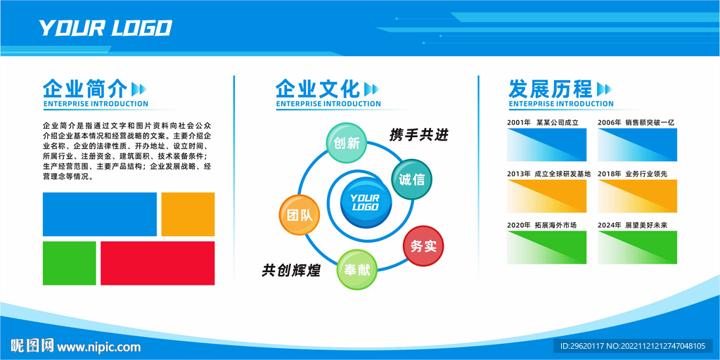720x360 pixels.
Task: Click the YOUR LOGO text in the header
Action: click(x=105, y=28)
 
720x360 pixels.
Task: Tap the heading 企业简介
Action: click(x=85, y=88)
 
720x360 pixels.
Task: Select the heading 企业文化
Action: click(x=318, y=88)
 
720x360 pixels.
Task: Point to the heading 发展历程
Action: click(x=550, y=88)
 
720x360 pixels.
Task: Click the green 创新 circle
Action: click(x=347, y=143)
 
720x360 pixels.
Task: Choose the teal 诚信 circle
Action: click(x=411, y=179)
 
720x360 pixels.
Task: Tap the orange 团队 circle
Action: click(x=300, y=215)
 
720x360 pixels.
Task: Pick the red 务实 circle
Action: click(x=423, y=246)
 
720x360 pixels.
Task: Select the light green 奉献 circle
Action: click(x=357, y=269)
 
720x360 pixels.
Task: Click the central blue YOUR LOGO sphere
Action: click(x=366, y=202)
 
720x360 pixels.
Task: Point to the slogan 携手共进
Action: click(x=418, y=135)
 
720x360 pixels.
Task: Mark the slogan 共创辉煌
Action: click(x=291, y=270)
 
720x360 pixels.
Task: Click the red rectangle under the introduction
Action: click(x=157, y=263)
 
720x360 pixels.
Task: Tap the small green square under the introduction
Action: click(x=70, y=263)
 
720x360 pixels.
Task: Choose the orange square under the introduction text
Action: click(x=188, y=214)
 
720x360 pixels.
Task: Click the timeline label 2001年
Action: click(x=519, y=122)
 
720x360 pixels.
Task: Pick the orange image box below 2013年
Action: click(x=547, y=196)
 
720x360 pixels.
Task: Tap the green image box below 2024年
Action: click(x=637, y=247)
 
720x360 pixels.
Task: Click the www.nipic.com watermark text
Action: click(x=98, y=346)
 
